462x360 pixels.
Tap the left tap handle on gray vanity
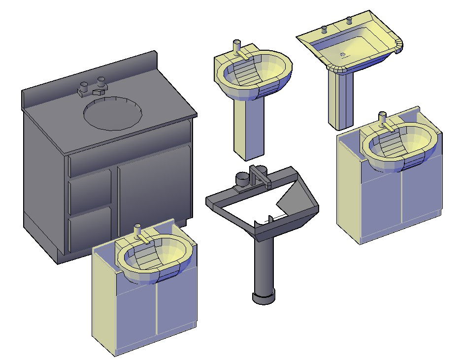[x=84, y=88]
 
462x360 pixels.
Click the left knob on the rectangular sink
[x=324, y=28]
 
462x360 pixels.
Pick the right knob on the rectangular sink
[x=349, y=20]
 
